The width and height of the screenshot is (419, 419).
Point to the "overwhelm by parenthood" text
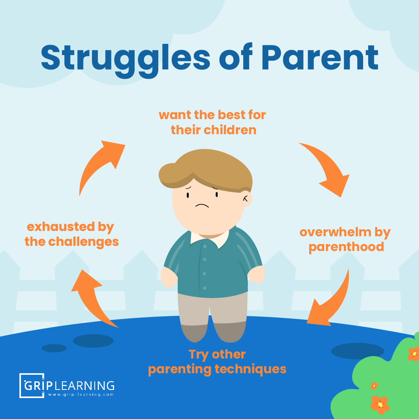345,239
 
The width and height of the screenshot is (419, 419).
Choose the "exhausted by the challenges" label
71,234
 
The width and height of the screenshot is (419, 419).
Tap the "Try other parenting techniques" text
217,362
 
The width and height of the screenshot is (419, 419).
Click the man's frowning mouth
202,206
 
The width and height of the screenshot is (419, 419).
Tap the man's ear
245,198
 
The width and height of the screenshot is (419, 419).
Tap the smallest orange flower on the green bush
374,386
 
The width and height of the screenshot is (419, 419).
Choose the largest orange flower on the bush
380,404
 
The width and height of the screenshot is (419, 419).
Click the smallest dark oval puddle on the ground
54,348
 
